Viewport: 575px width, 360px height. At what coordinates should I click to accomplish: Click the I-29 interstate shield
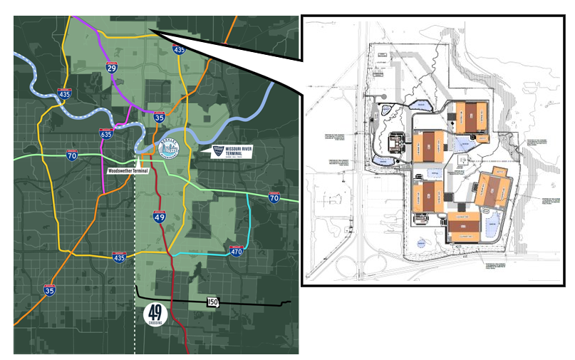point(111,67)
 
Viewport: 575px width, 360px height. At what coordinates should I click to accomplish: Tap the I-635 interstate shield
point(105,133)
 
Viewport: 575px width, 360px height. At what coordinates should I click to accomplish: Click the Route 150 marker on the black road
point(212,302)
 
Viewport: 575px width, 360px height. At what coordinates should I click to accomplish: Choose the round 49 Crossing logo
point(157,314)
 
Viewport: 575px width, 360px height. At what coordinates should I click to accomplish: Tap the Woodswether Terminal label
point(126,171)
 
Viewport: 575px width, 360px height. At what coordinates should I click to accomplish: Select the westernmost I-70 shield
point(73,155)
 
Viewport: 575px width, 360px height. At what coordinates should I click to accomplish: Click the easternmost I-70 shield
point(274,197)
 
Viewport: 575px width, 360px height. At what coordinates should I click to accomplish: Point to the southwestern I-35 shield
point(50,289)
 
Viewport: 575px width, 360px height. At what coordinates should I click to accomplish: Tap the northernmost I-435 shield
point(180,49)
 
